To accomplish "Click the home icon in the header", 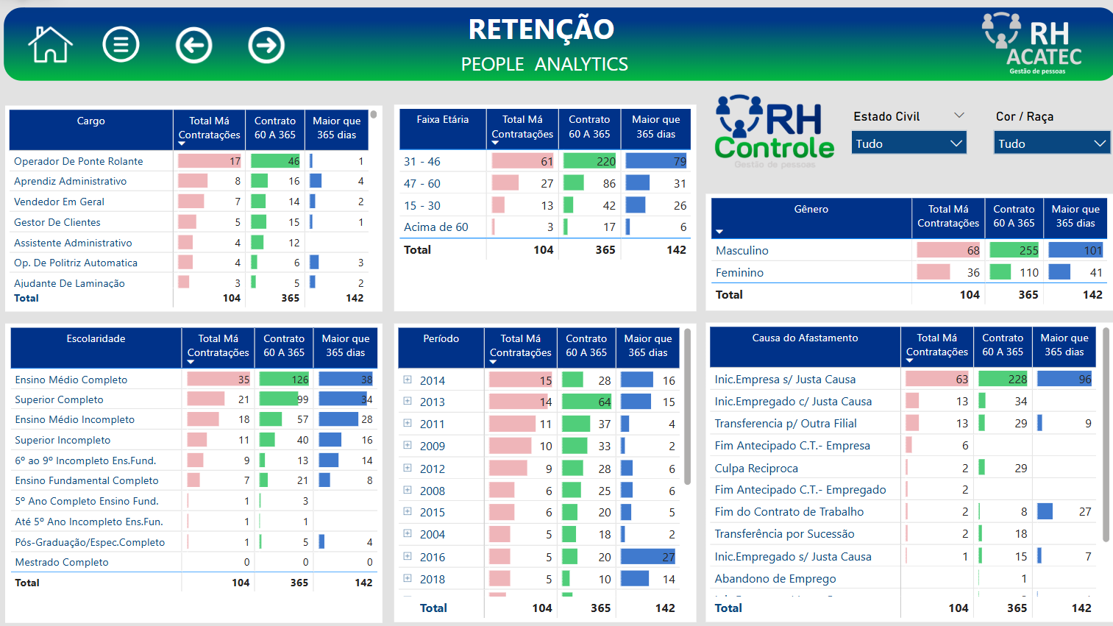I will click(50, 45).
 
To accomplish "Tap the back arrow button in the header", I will click(194, 46).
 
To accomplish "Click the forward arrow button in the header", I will click(266, 46).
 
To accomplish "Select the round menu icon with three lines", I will click(121, 45).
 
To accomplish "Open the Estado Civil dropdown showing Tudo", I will click(909, 143).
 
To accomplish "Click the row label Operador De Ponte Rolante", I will click(79, 161).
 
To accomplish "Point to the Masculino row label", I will click(742, 251).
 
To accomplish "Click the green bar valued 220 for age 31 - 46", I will click(590, 161).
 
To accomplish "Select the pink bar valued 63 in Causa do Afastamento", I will click(937, 380).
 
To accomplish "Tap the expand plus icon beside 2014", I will click(408, 380).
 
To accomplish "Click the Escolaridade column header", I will click(96, 339).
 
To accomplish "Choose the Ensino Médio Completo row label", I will click(71, 380).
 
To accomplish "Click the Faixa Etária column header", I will click(442, 120).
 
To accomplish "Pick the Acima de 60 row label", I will click(436, 227).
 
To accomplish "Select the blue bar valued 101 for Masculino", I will click(1075, 250).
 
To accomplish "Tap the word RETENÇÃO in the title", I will click(541, 29).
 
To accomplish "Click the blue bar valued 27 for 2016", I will click(647, 557).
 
